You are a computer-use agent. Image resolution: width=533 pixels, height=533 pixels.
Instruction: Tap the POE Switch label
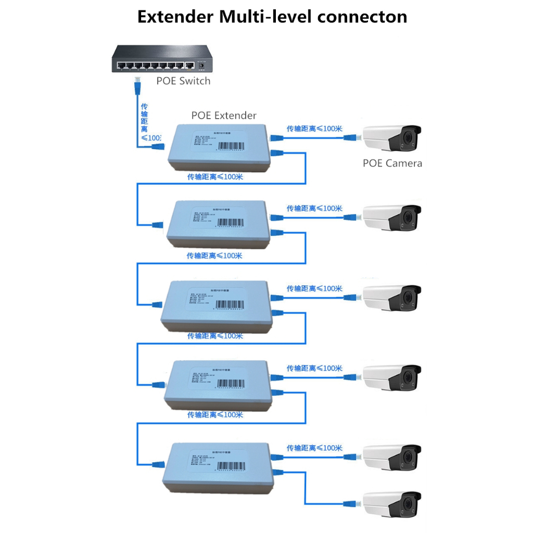[x=183, y=81]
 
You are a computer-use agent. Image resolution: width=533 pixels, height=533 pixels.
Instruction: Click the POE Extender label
[x=224, y=115]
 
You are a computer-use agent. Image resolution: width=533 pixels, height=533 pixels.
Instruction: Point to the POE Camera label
[x=392, y=163]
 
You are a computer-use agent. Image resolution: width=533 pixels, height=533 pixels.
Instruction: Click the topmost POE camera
[x=391, y=138]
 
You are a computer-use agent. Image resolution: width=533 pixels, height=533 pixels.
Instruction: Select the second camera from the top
[x=391, y=218]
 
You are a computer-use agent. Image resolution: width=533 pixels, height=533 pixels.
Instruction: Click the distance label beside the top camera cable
[x=314, y=128]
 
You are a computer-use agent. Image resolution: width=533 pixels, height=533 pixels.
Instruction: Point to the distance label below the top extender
[x=215, y=177]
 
